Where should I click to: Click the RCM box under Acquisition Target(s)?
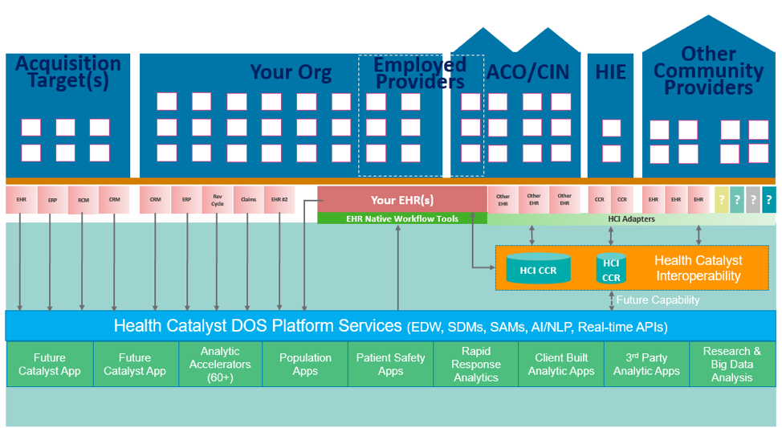point(83,200)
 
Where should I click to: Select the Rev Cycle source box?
point(218,200)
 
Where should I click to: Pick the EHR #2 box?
point(279,200)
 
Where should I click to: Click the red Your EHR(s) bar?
point(402,200)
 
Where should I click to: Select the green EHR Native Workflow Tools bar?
point(402,218)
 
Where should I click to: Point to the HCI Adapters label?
point(632,218)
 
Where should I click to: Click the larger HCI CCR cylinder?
point(538,270)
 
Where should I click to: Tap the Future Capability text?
point(658,300)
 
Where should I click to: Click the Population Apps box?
point(305,365)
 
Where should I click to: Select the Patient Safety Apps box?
point(390,365)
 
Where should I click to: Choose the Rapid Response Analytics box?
point(476,365)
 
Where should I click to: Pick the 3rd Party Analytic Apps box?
point(646,365)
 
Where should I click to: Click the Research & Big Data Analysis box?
point(731,365)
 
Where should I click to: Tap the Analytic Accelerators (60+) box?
point(220,365)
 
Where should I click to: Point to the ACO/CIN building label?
point(527,72)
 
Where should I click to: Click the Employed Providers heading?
point(420,72)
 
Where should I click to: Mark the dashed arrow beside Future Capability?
point(611,300)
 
